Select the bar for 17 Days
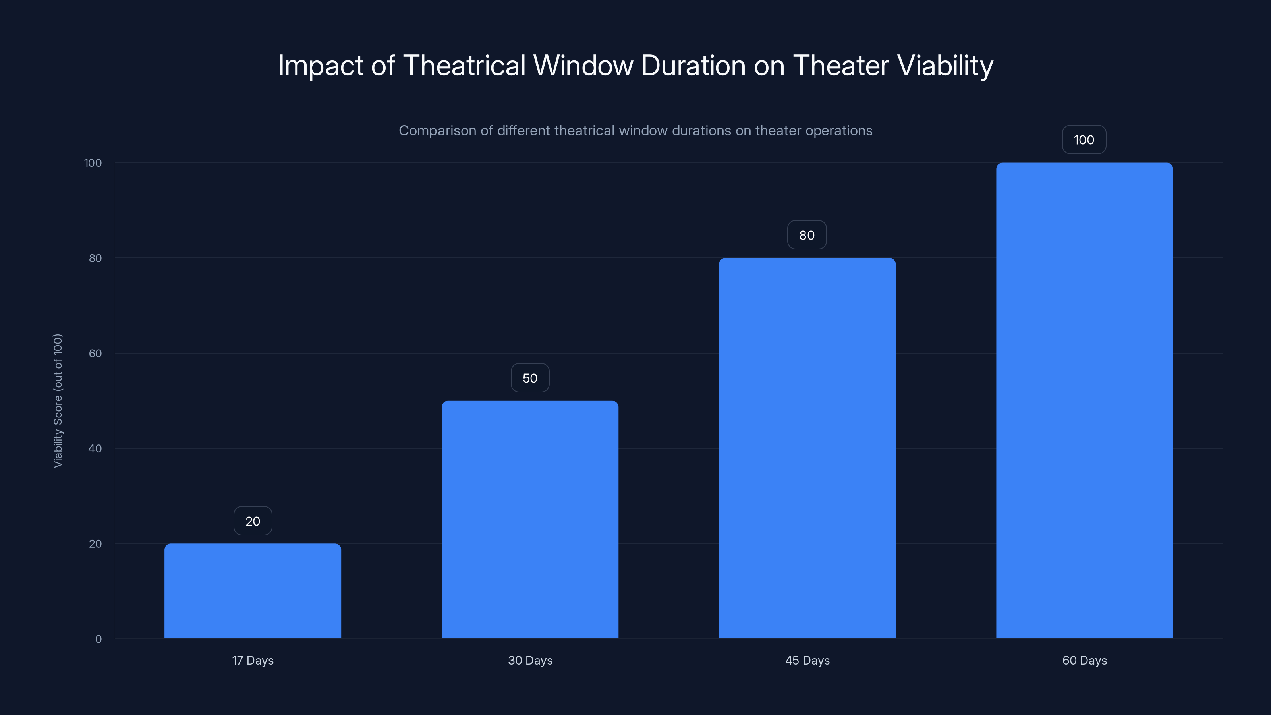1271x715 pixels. (253, 591)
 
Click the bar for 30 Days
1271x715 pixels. (529, 519)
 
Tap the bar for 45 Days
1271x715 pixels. (807, 448)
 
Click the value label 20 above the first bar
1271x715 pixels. (253, 521)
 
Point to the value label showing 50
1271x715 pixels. (530, 378)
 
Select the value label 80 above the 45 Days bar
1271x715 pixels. (807, 235)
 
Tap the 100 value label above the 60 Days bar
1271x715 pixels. (1084, 140)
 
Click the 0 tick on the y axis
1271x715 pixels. (98, 639)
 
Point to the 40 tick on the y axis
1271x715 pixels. (95, 448)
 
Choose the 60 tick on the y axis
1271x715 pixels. (95, 353)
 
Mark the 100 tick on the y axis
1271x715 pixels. (93, 163)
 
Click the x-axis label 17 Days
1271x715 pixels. (253, 660)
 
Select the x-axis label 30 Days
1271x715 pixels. (530, 660)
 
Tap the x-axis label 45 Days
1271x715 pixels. (807, 660)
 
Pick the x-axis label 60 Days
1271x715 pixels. (1084, 660)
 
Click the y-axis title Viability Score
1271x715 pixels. (58, 401)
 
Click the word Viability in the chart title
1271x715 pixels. (945, 66)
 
